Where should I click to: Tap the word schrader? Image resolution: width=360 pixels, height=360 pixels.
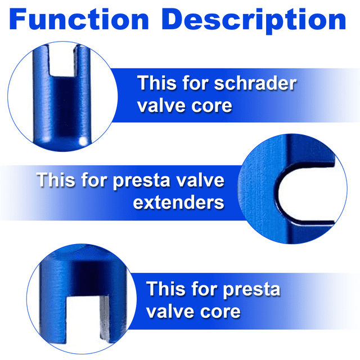[255, 83]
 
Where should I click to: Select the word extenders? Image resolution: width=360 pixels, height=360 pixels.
[178, 202]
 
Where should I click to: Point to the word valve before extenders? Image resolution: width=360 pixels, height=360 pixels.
[200, 180]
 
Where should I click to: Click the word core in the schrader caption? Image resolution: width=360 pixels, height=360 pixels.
[211, 106]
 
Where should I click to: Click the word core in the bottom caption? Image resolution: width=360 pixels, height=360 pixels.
[220, 312]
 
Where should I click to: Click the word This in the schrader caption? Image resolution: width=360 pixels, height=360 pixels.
[157, 83]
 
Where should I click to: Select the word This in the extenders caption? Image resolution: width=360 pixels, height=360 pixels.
[56, 180]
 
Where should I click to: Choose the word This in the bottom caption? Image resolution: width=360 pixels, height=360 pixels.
[166, 289]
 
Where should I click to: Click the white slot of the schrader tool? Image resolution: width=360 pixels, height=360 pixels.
[62, 60]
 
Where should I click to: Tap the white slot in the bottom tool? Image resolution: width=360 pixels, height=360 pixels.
[83, 321]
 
